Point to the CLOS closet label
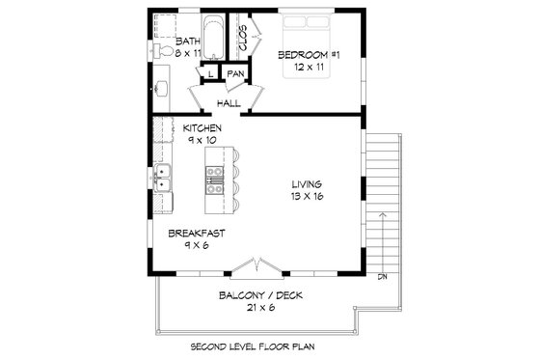point(243,39)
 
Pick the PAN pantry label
point(235,73)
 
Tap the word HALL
point(229,103)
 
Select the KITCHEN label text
point(202,127)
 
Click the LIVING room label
point(309,184)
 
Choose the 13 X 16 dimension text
point(309,197)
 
